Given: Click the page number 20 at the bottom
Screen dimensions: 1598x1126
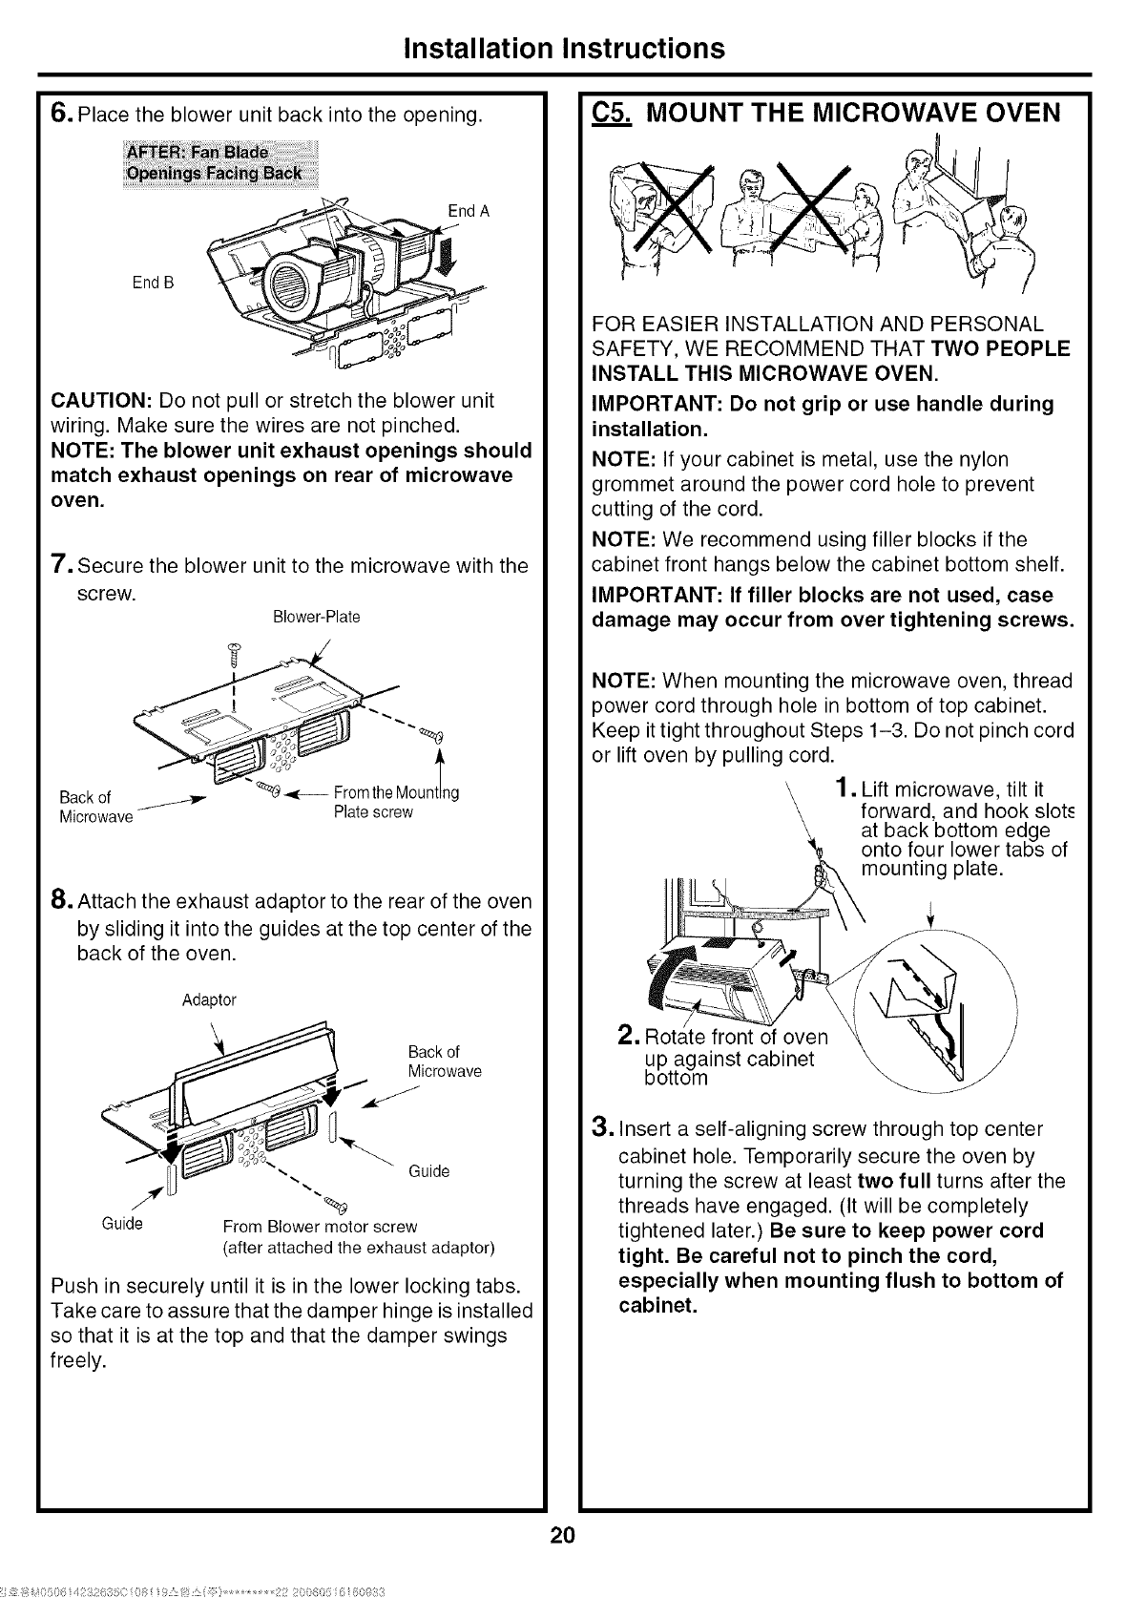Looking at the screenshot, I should (x=562, y=1536).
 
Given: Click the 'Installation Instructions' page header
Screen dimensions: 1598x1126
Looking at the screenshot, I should (x=563, y=48).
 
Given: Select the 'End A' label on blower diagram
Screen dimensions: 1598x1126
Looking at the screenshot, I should (x=468, y=211).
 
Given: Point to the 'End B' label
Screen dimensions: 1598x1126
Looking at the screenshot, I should (x=154, y=283).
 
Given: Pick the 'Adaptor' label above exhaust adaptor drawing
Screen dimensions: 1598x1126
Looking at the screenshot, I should (x=208, y=999).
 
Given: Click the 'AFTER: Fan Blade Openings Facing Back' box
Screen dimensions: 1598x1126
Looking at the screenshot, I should (x=221, y=163).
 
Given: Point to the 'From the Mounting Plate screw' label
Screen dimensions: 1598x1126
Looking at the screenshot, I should (x=395, y=802).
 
